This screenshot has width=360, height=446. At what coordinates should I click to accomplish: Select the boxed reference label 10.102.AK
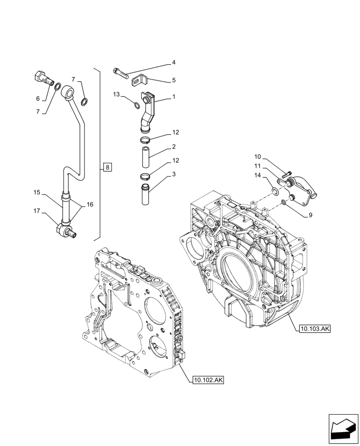click(209, 380)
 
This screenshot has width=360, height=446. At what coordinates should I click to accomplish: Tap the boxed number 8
click(108, 168)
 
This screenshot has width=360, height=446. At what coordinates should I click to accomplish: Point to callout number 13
click(116, 95)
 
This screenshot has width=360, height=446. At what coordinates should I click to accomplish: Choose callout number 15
click(37, 193)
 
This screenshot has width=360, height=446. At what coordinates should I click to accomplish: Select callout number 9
click(310, 215)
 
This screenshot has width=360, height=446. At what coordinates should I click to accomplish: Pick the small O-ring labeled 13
click(137, 105)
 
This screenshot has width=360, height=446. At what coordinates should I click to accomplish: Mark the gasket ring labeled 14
click(276, 192)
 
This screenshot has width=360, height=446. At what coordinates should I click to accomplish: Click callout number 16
click(90, 204)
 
